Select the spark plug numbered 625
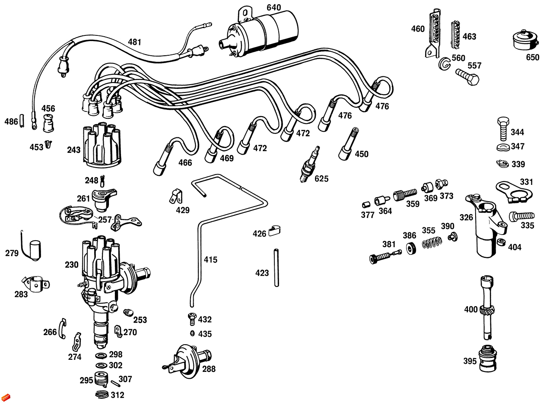click(311, 165)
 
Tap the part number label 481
click(134, 42)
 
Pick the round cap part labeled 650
click(524, 41)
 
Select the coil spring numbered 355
click(430, 243)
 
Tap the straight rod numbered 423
click(276, 268)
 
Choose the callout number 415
click(210, 260)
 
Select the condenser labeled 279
click(34, 250)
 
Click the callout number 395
click(470, 361)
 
